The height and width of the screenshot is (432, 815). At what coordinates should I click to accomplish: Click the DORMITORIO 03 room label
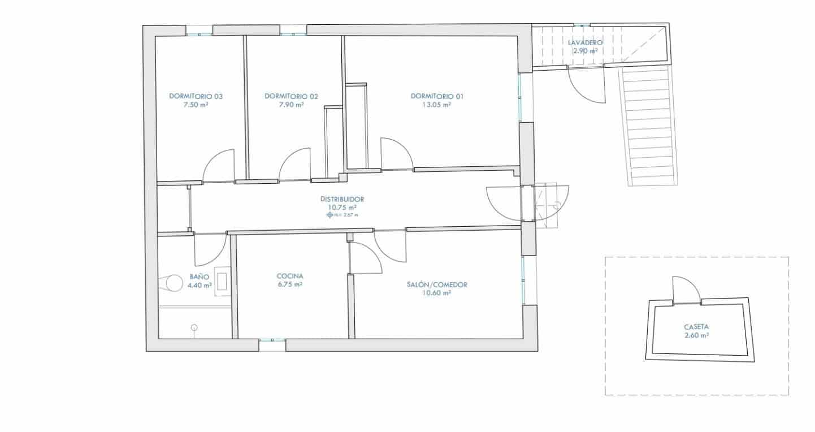point(196,96)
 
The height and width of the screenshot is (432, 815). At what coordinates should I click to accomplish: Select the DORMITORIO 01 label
point(437,96)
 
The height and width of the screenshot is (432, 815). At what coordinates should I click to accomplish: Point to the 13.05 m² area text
point(437,105)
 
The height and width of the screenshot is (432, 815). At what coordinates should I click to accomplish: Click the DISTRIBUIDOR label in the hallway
point(341,199)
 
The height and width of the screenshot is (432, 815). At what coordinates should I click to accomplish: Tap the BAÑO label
point(200,277)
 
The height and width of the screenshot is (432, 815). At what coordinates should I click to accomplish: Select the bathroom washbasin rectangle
point(223,282)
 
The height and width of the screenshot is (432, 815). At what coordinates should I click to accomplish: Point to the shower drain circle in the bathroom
point(194,327)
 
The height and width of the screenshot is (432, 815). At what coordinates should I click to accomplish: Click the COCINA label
point(290,276)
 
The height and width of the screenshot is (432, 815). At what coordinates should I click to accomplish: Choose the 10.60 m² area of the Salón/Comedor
point(437,293)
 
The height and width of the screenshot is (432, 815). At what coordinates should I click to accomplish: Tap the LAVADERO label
point(586,42)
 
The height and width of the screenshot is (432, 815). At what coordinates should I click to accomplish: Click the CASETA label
point(696,327)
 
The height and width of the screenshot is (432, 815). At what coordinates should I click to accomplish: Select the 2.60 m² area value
point(696,335)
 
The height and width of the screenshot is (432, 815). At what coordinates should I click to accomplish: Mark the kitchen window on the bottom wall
point(272,340)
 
